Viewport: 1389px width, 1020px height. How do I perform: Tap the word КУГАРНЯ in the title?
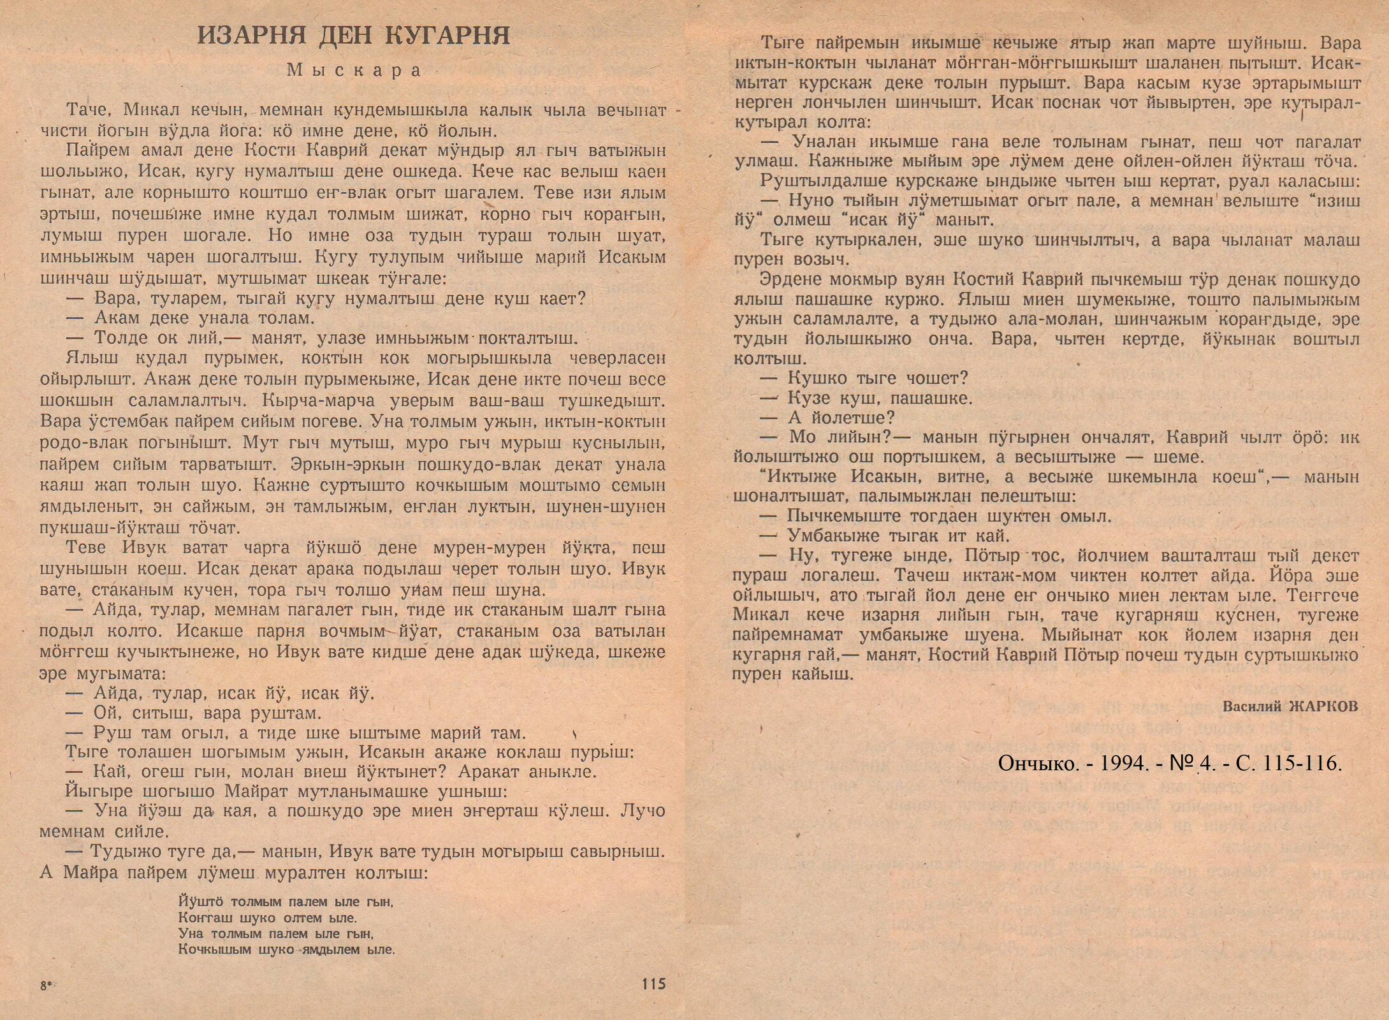(x=448, y=36)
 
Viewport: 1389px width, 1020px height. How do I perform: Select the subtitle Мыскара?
(x=354, y=70)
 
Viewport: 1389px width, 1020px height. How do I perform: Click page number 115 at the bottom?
(x=653, y=984)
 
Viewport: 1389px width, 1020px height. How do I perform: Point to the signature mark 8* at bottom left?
(x=47, y=986)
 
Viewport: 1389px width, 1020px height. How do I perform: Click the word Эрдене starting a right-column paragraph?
(x=791, y=280)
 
